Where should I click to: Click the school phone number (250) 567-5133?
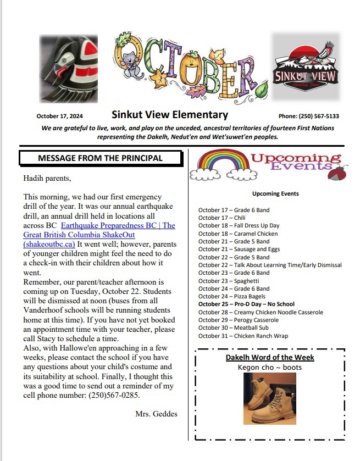pyautogui.click(x=308, y=116)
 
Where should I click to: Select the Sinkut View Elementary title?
pyautogui.click(x=169, y=115)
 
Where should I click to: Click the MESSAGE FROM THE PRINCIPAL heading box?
pyautogui.click(x=100, y=158)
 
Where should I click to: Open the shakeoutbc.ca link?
pyautogui.click(x=49, y=243)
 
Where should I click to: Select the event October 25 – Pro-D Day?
pyautogui.click(x=246, y=304)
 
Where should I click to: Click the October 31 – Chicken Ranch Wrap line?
pyautogui.click(x=243, y=336)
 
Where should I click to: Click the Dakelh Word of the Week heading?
pyautogui.click(x=270, y=358)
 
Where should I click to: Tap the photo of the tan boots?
pyautogui.click(x=269, y=398)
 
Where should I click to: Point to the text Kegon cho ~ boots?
pyautogui.click(x=269, y=367)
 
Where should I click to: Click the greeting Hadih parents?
pyautogui.click(x=47, y=178)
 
